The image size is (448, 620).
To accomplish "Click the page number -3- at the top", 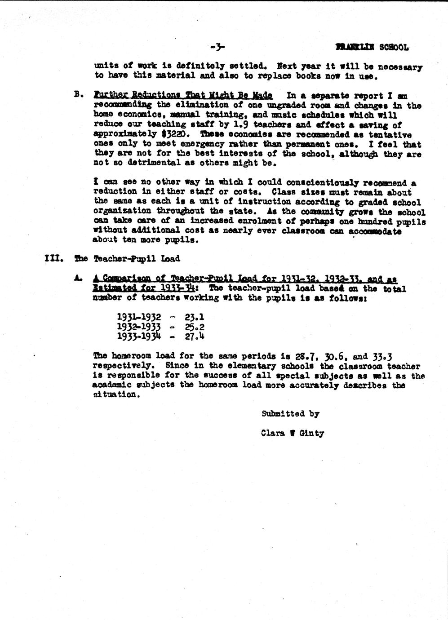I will pyautogui.click(x=217, y=47).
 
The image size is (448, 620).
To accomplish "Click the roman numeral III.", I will pyautogui.click(x=54, y=258).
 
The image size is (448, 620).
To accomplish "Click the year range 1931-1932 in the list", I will pyautogui.click(x=139, y=317).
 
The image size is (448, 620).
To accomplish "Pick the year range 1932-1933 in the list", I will pyautogui.click(x=139, y=327).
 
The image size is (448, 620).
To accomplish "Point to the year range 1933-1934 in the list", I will pyautogui.click(x=139, y=336).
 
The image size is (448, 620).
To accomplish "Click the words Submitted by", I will pyautogui.click(x=290, y=414).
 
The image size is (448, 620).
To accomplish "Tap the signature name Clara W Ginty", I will pyautogui.click(x=292, y=433).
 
